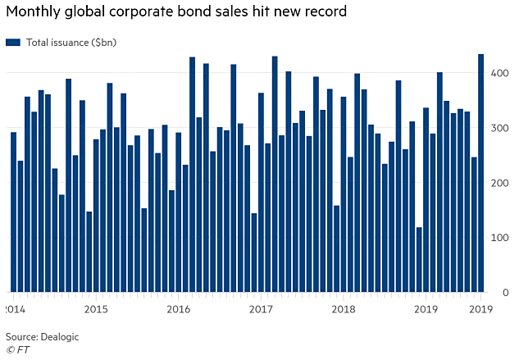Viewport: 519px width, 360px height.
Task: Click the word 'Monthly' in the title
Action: click(34, 11)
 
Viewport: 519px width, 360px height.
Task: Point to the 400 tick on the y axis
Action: click(499, 74)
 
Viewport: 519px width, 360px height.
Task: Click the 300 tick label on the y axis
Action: click(499, 129)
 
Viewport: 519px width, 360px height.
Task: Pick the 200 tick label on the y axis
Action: click(499, 184)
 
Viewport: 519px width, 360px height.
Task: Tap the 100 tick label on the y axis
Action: click(499, 238)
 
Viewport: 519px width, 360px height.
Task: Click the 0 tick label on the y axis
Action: click(504, 293)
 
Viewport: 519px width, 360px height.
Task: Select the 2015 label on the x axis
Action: click(96, 309)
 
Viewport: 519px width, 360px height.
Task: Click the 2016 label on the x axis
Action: click(178, 309)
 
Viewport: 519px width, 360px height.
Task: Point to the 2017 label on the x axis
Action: click(261, 309)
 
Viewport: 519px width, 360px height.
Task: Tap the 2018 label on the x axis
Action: click(344, 309)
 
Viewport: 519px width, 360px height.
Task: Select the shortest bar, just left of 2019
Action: click(419, 260)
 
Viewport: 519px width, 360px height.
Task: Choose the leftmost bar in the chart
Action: click(13, 212)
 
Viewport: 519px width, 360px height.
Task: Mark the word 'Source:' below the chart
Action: click(23, 337)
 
